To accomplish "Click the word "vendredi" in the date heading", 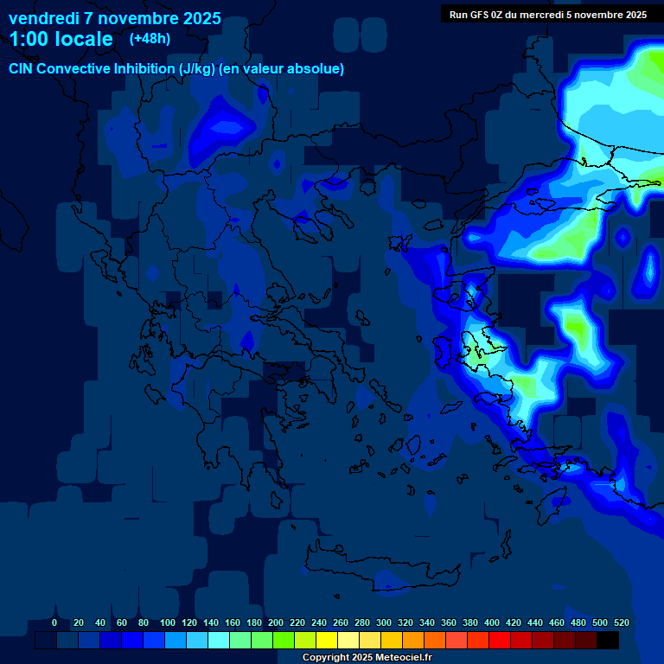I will (42, 18).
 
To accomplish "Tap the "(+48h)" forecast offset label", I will (150, 38).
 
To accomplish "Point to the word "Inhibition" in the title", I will (144, 69).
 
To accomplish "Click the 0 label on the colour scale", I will (54, 622).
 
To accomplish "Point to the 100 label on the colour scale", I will (168, 622).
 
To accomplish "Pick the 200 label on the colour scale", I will (276, 622).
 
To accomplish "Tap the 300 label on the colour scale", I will (384, 622).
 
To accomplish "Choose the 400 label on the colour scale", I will (492, 622).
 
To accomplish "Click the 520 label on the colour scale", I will (621, 622).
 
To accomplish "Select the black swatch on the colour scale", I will (608, 641).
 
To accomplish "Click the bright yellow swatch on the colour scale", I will (327, 641).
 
